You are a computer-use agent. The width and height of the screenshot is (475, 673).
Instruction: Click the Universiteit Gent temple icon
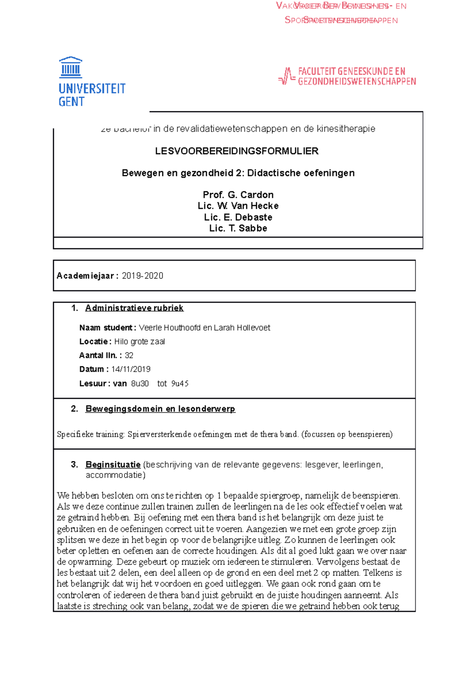coord(70,67)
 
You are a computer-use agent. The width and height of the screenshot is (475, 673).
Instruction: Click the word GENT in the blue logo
coord(71,102)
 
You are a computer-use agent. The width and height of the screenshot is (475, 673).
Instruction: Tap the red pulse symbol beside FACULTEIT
coord(287,76)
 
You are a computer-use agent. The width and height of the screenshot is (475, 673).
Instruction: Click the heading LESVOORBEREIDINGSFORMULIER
coord(237,151)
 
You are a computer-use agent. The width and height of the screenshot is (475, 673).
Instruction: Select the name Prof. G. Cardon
coord(238,195)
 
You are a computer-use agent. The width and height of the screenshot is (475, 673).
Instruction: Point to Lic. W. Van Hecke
coord(238,206)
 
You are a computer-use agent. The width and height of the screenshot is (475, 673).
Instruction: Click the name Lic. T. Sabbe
coord(238,228)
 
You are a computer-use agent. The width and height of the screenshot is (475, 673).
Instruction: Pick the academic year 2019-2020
coord(142,276)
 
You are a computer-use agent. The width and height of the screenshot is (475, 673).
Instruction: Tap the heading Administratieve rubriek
coord(134,308)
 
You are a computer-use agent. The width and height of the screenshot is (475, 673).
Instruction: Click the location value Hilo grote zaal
coord(139,342)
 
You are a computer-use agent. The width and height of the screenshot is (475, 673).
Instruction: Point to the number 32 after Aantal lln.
coord(129,356)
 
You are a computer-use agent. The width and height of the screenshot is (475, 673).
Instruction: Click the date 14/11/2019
coord(131,369)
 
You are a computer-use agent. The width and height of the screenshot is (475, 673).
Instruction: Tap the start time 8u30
coord(140,384)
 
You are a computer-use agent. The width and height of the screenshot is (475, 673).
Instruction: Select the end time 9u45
coord(180,384)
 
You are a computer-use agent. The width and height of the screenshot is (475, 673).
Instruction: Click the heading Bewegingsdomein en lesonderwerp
coord(160,409)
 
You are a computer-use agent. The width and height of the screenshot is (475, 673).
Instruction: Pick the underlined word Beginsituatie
coord(113,465)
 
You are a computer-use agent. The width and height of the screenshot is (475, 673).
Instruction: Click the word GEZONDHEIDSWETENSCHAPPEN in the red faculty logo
coord(357,82)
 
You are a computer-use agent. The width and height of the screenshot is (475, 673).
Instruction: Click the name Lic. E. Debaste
coord(238,217)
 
